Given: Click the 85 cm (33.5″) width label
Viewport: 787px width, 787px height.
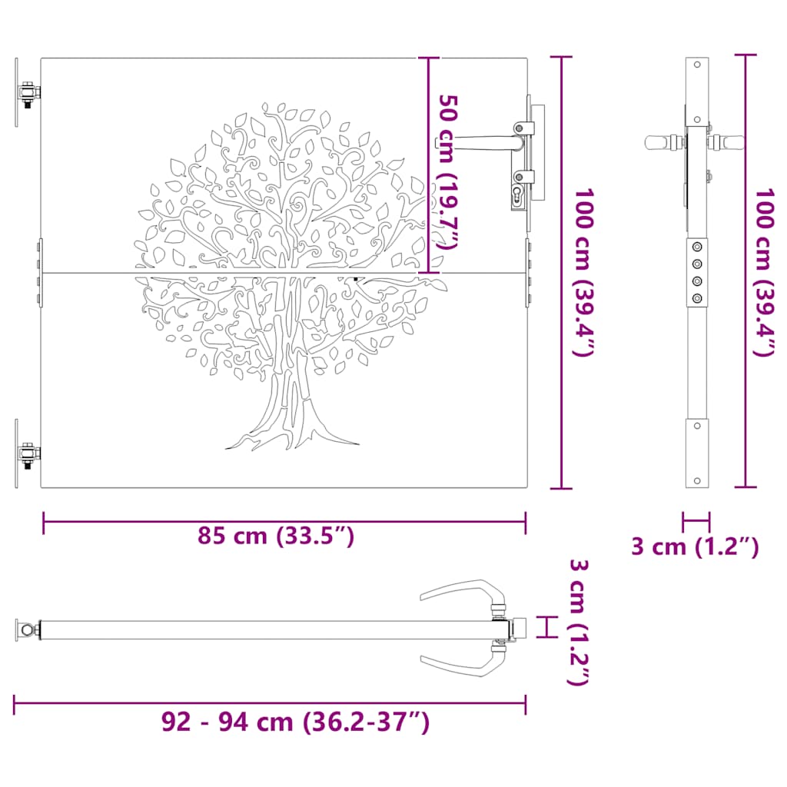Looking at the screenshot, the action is [x=276, y=536].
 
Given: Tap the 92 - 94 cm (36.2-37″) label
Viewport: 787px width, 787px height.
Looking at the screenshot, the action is [x=295, y=722].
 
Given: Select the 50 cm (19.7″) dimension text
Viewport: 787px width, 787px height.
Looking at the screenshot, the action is [x=448, y=171].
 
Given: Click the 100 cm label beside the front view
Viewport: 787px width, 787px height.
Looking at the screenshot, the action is [x=584, y=273].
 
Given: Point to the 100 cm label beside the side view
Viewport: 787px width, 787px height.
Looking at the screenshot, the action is [x=765, y=273].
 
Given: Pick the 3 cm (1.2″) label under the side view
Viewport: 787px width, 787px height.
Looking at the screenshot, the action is [x=695, y=546].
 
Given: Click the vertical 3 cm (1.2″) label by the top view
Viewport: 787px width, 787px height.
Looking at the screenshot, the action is [x=578, y=622].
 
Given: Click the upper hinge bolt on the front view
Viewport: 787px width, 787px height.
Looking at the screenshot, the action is [x=28, y=94].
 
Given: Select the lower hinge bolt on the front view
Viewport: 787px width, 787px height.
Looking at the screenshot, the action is [x=28, y=455].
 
